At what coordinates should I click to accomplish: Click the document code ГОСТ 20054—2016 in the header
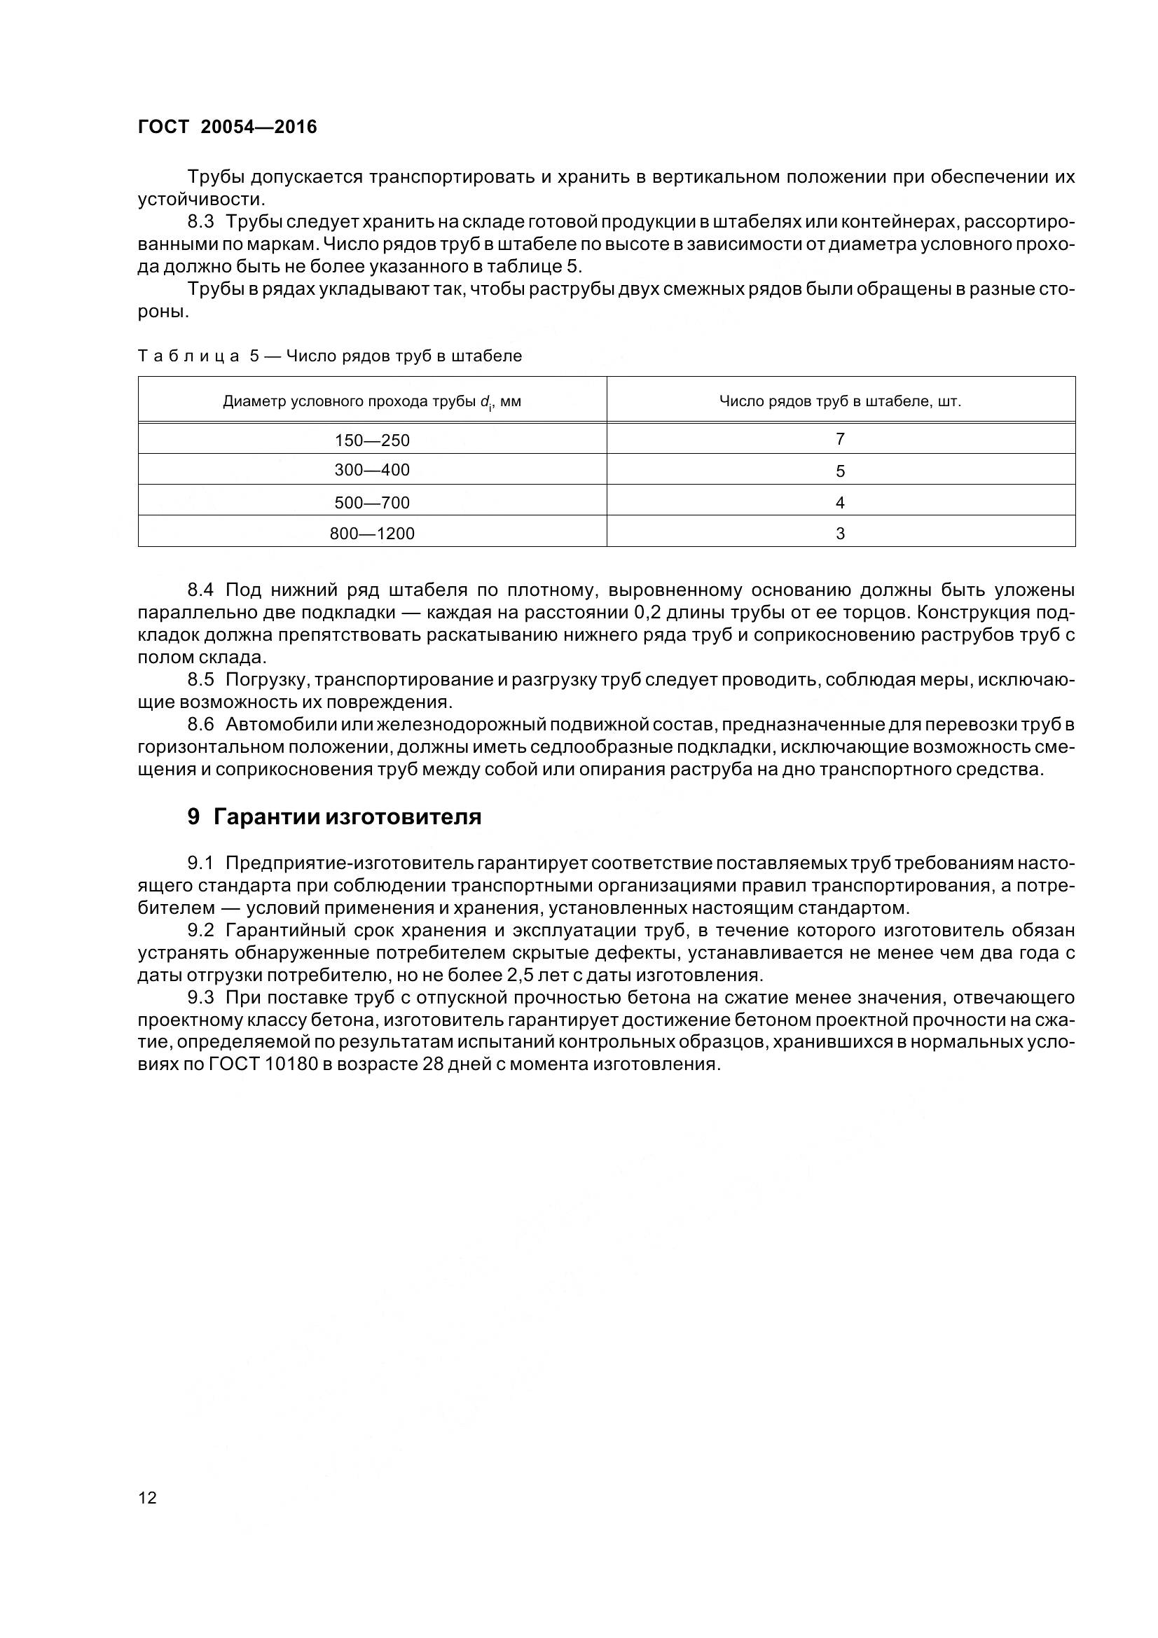[x=227, y=127]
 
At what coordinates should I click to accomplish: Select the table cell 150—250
[x=372, y=440]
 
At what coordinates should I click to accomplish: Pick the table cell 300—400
[x=372, y=470]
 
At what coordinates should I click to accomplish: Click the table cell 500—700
[x=372, y=502]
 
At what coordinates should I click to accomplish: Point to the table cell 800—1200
[x=372, y=534]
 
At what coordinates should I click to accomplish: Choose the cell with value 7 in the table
[x=840, y=439]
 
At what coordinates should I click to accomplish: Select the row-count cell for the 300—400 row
[x=840, y=471]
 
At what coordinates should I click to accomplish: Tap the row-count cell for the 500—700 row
[x=840, y=502]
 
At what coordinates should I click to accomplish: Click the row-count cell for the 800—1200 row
[x=840, y=534]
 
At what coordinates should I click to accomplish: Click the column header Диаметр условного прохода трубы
[x=372, y=402]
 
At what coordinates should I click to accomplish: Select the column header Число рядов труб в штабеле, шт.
[x=840, y=402]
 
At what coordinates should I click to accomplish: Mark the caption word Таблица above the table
[x=188, y=356]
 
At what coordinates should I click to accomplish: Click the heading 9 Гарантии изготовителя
[x=334, y=817]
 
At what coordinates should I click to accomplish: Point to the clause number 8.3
[x=200, y=222]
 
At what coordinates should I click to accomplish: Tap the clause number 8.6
[x=200, y=724]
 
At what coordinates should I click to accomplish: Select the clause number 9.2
[x=200, y=930]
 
